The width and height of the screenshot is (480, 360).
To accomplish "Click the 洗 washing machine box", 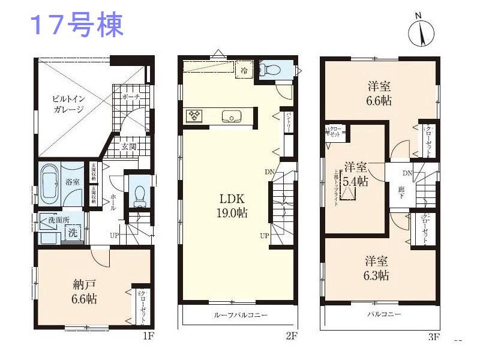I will pyautogui.click(x=72, y=230).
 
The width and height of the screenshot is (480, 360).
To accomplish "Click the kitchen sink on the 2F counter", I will pyautogui.click(x=231, y=116).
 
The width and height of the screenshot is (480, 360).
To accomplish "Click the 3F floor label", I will pyautogui.click(x=434, y=337).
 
